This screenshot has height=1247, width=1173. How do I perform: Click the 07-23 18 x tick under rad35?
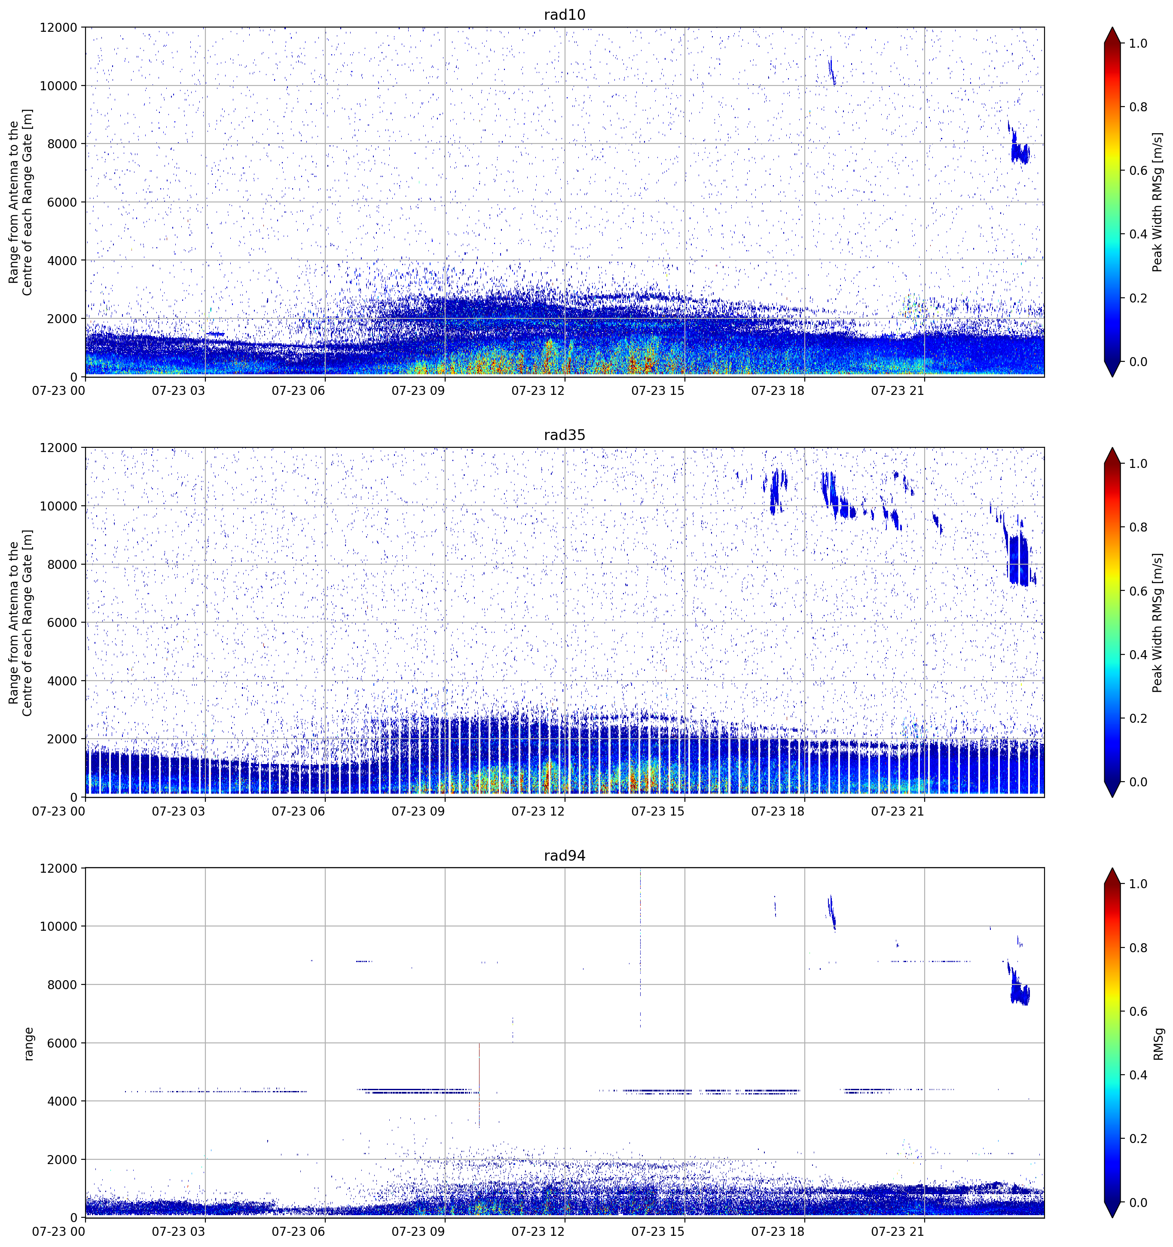(x=778, y=811)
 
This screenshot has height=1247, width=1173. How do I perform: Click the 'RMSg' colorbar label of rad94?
(x=1158, y=1043)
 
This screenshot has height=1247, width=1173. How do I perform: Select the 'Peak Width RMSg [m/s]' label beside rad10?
(x=1158, y=202)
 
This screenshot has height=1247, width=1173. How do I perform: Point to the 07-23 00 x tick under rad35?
(x=59, y=811)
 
